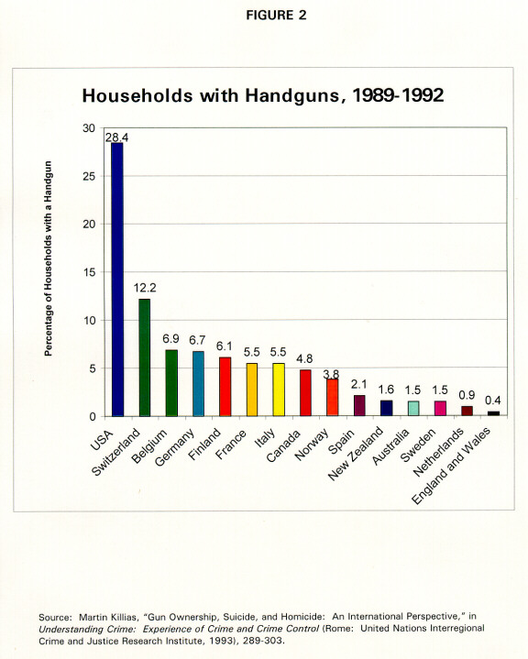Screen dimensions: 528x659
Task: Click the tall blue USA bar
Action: pyautogui.click(x=117, y=280)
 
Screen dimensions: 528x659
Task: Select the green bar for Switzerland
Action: pyautogui.click(x=144, y=357)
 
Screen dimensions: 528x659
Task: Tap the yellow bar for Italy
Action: pyautogui.click(x=279, y=390)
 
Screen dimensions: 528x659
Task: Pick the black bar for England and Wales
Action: pyautogui.click(x=493, y=413)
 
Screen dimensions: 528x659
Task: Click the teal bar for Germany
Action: pyautogui.click(x=198, y=384)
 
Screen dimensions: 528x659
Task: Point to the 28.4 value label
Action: pyautogui.click(x=116, y=137)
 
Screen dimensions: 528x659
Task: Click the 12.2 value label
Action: pyautogui.click(x=145, y=288)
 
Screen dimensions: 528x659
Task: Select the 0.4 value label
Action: pyautogui.click(x=492, y=401)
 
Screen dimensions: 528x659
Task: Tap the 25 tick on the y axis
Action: pyautogui.click(x=89, y=176)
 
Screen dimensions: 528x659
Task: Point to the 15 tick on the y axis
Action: pyautogui.click(x=89, y=272)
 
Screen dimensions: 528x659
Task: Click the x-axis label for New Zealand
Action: pyautogui.click(x=356, y=453)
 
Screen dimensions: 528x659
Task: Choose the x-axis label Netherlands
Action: pyautogui.click(x=438, y=451)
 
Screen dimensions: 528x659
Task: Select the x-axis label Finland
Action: pyautogui.click(x=204, y=444)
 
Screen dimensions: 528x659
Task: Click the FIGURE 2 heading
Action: pyautogui.click(x=276, y=16)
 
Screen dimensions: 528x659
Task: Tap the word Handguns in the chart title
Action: pyautogui.click(x=292, y=96)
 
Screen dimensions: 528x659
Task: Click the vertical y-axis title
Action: pyautogui.click(x=49, y=258)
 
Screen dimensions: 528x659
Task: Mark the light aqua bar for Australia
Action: pyautogui.click(x=413, y=409)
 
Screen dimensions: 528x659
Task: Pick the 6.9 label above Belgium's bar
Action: pyautogui.click(x=171, y=339)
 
